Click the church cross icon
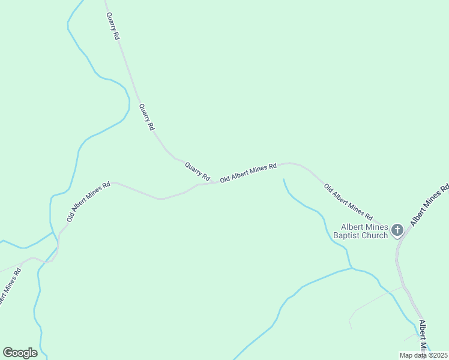[397, 230]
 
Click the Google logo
[20, 353]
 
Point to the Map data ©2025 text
[423, 355]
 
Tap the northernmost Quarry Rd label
[112, 26]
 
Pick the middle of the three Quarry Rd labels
[146, 117]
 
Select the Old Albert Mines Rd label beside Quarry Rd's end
[248, 172]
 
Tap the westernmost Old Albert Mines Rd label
[89, 202]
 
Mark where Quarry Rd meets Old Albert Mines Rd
[214, 182]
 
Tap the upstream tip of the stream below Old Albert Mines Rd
[283, 179]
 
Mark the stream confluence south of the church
[352, 268]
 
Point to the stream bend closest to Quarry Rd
[128, 99]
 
